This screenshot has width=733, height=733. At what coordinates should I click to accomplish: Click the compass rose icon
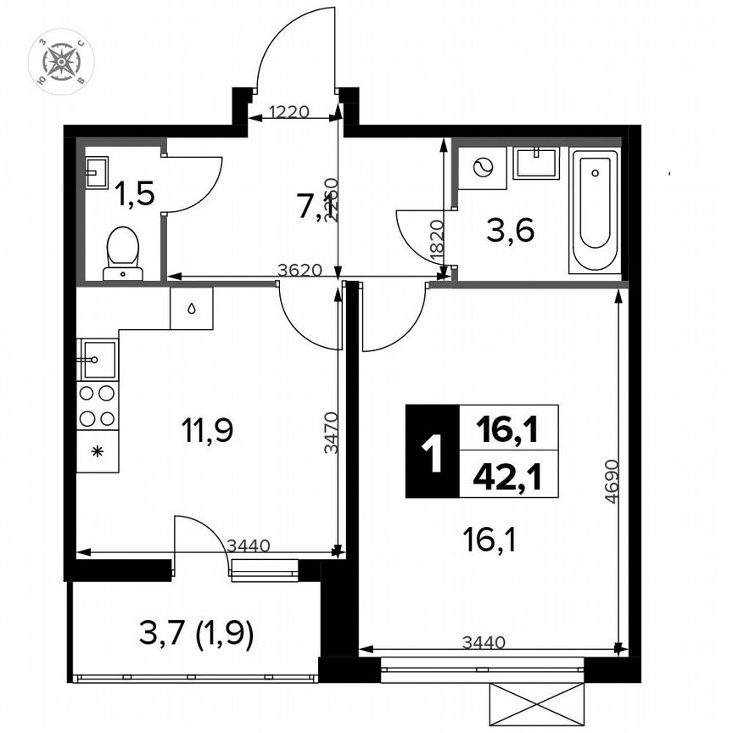tap(61, 61)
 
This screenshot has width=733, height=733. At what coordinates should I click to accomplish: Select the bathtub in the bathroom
tap(593, 211)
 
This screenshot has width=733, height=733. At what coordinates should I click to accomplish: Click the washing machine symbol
tap(483, 168)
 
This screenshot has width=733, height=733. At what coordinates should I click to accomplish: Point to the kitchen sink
tap(98, 359)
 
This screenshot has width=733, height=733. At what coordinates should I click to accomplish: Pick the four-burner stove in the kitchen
tap(98, 406)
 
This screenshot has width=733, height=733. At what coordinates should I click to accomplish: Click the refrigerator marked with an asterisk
tap(98, 450)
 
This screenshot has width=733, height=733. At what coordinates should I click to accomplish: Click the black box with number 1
tap(432, 451)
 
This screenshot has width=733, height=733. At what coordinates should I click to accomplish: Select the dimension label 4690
tap(611, 484)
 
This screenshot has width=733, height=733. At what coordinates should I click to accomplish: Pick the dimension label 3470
tap(332, 434)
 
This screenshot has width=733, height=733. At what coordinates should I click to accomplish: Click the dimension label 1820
tap(436, 242)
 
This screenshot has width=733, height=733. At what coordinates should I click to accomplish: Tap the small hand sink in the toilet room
tap(94, 172)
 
